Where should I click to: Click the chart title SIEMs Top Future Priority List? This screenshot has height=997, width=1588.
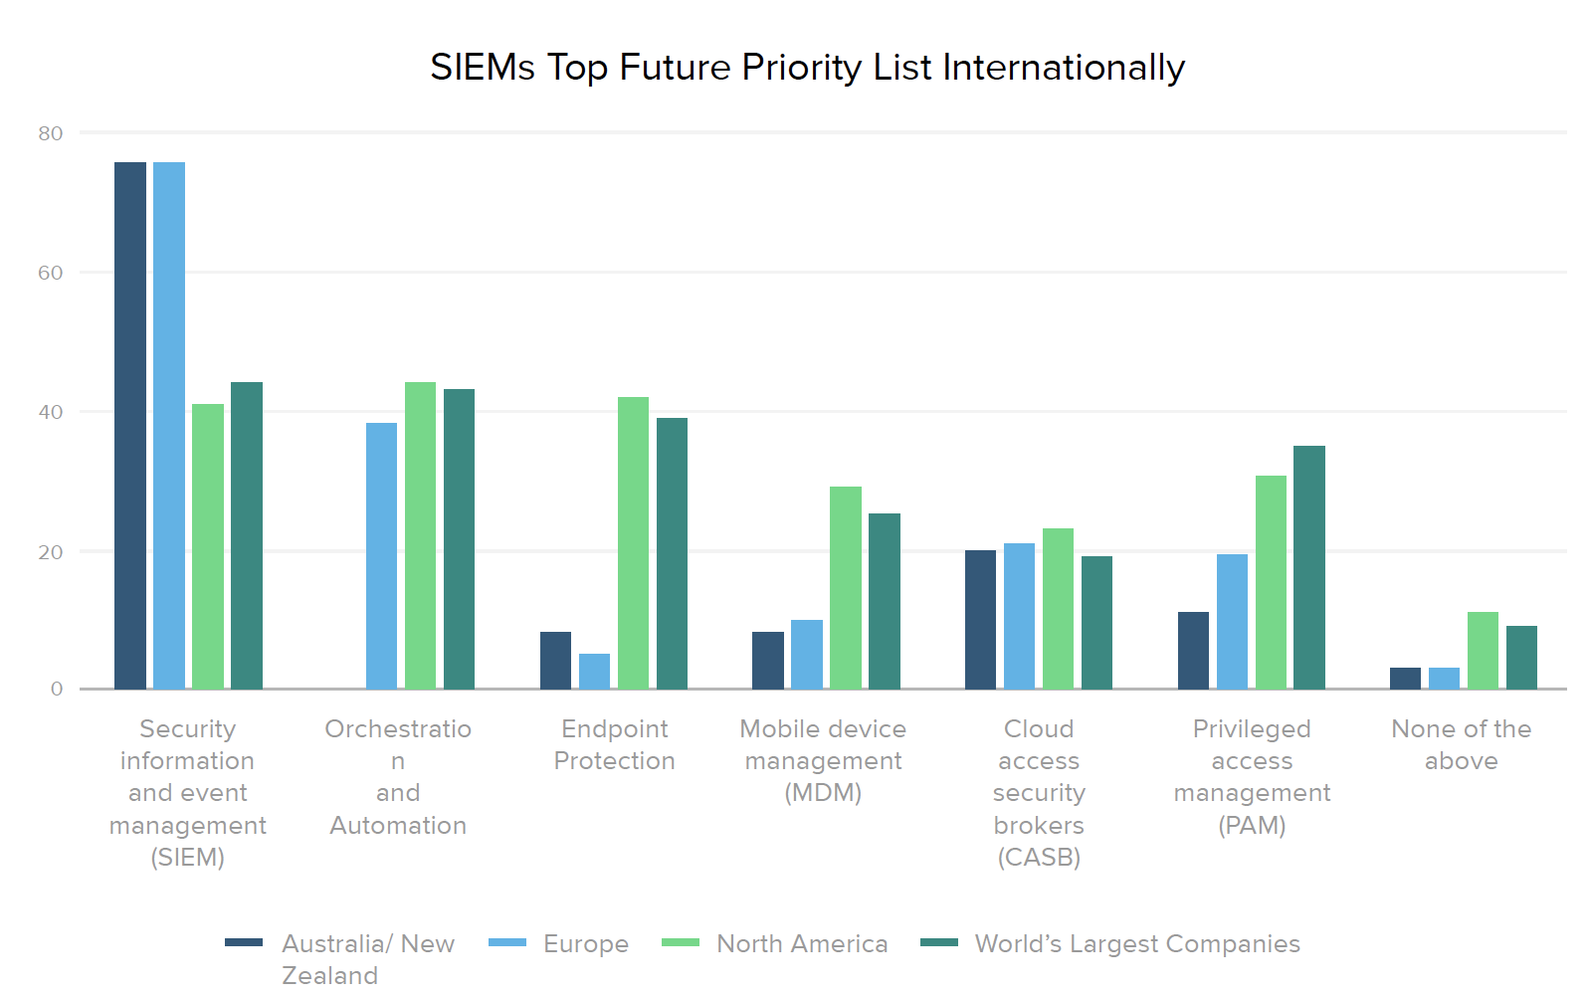(807, 68)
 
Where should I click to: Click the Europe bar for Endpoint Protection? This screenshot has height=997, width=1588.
(594, 672)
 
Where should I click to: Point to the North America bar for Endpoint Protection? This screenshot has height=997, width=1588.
(633, 543)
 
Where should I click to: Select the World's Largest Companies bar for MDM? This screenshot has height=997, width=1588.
(885, 601)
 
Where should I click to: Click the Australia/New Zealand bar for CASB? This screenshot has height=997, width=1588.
(980, 619)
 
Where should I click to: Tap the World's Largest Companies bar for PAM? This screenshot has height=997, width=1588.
(1309, 567)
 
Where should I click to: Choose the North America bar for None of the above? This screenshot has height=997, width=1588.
(1483, 651)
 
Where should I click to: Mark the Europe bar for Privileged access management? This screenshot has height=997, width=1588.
(1232, 622)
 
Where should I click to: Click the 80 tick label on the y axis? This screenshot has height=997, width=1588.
(51, 133)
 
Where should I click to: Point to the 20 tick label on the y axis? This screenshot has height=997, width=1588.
(51, 552)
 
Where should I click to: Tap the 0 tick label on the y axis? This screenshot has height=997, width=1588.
(57, 689)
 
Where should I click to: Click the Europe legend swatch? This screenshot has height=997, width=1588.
(507, 942)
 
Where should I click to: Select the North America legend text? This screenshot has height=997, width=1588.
(802, 943)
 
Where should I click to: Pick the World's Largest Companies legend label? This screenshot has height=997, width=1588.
(1137, 943)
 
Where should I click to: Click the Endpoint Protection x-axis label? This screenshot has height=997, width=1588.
(614, 744)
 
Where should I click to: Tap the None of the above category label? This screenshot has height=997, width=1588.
(1461, 744)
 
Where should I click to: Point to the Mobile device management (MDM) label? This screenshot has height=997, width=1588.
(823, 760)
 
